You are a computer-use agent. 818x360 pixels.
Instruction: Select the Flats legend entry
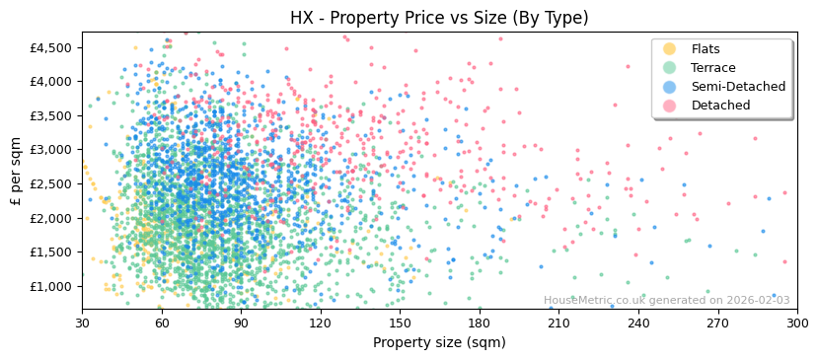pyautogui.click(x=705, y=49)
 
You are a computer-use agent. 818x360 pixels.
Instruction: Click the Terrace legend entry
pyautogui.click(x=712, y=68)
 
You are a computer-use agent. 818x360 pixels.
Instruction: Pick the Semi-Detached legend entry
pyautogui.click(x=738, y=87)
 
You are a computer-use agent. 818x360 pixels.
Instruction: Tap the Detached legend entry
pyautogui.click(x=719, y=106)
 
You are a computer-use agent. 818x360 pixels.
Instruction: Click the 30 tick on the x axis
pyautogui.click(x=82, y=323)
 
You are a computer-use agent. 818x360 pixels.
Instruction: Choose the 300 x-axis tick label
pyautogui.click(x=797, y=323)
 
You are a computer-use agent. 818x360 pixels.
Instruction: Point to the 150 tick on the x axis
pyautogui.click(x=400, y=323)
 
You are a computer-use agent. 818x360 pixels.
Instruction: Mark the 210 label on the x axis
pyautogui.click(x=558, y=323)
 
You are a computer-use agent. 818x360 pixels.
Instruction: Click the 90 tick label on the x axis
pyautogui.click(x=241, y=323)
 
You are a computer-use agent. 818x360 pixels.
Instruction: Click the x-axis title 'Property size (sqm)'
pyautogui.click(x=439, y=342)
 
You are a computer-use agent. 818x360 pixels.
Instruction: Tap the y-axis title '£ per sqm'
pyautogui.click(x=17, y=171)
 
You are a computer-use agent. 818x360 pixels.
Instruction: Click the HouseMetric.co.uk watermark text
pyautogui.click(x=667, y=301)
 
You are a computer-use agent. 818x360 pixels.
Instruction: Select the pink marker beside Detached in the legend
pyautogui.click(x=670, y=106)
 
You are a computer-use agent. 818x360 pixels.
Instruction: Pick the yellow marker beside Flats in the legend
pyautogui.click(x=670, y=49)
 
